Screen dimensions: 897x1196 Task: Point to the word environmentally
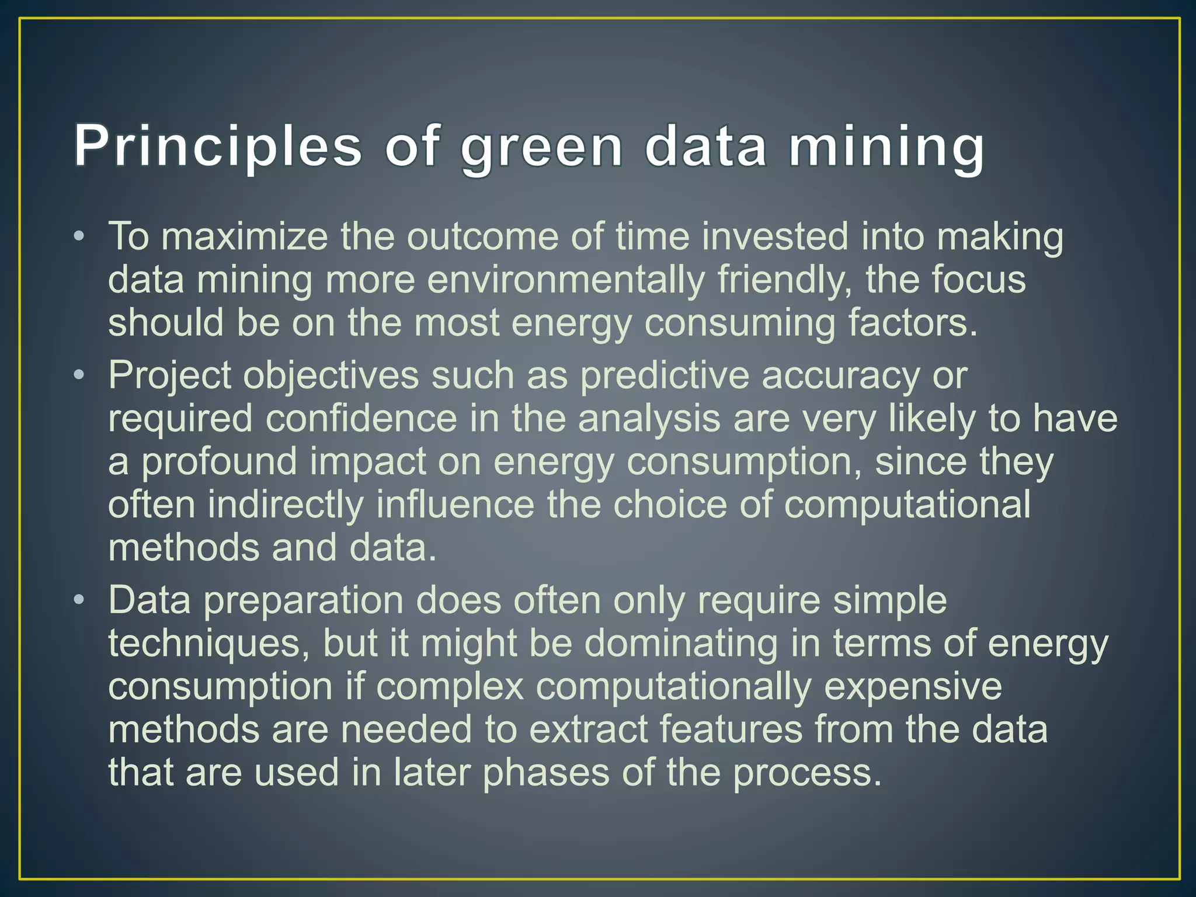566,280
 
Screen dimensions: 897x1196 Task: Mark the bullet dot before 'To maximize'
79,237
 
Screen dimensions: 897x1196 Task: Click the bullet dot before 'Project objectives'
79,375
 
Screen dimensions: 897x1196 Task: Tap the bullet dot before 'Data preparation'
79,600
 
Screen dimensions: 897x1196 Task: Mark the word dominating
680,644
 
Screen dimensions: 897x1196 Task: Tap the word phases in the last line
545,773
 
